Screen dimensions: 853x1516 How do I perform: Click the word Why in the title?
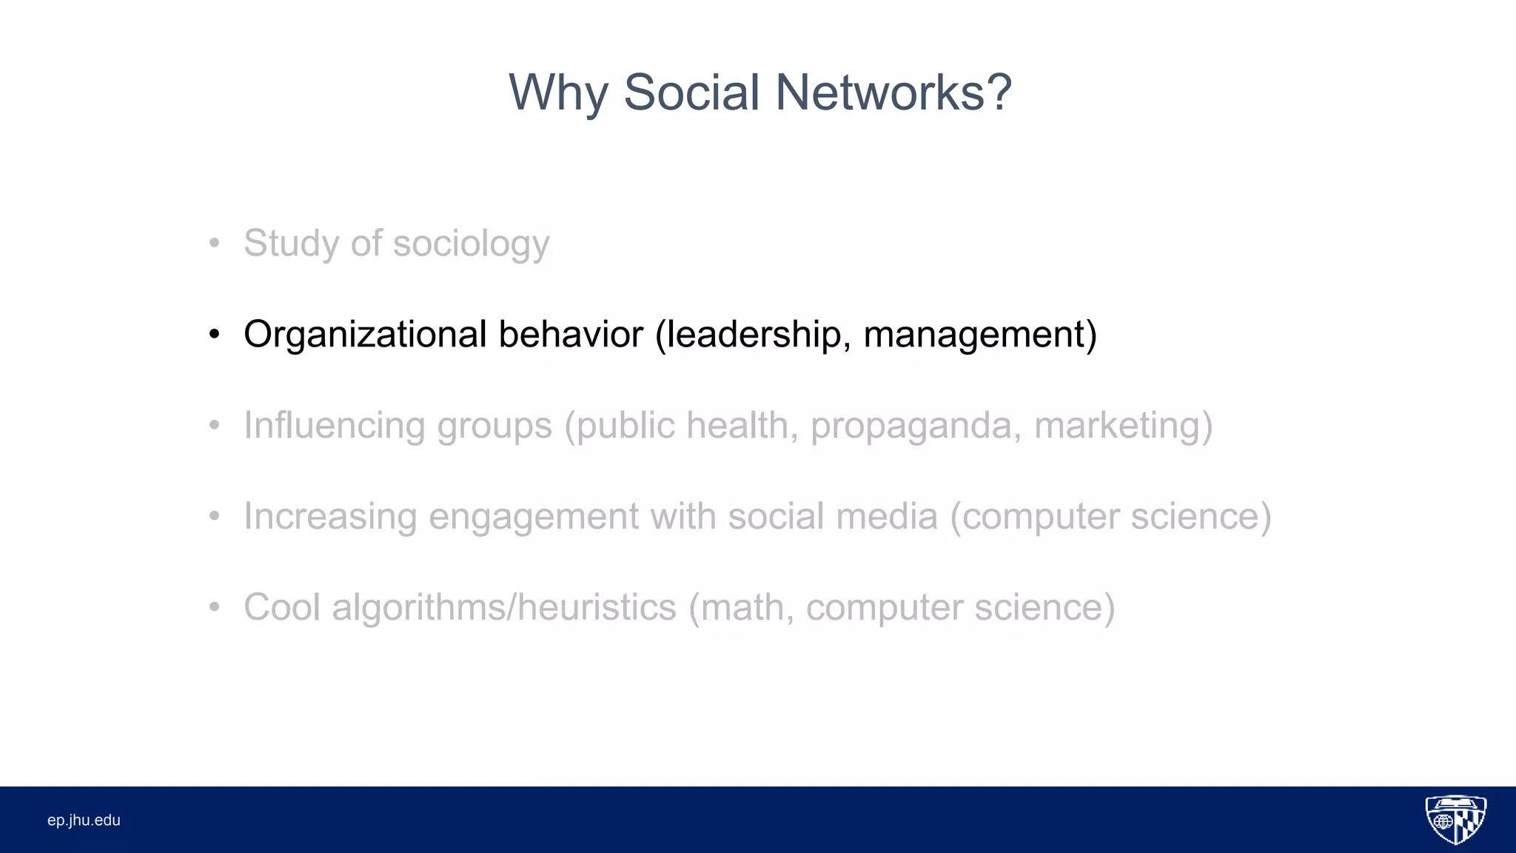coord(558,93)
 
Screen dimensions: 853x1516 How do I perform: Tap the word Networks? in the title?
coord(893,93)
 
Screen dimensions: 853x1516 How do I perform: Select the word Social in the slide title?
coord(691,93)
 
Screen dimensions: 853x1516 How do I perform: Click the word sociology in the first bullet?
coord(471,244)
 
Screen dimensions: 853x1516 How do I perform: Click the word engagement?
coord(533,518)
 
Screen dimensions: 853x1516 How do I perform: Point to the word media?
coord(887,516)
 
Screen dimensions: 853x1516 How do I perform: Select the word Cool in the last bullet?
coord(282,607)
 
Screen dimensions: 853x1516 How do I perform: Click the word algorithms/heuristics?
coord(504,607)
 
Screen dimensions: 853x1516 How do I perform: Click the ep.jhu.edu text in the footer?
coord(84,820)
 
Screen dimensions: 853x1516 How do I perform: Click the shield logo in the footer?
coord(1455,820)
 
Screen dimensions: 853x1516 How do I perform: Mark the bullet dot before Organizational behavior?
coord(214,335)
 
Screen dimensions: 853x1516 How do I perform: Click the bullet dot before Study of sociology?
coord(214,244)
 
